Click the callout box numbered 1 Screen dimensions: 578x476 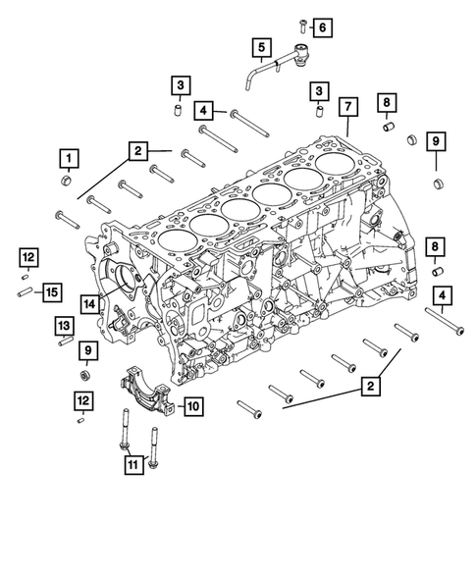(x=68, y=157)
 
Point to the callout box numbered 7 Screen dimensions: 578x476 (x=346, y=107)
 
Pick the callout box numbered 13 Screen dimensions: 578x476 (x=63, y=326)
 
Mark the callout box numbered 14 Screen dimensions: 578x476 (x=88, y=303)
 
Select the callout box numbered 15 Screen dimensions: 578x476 (x=51, y=290)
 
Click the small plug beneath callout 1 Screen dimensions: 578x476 (x=67, y=181)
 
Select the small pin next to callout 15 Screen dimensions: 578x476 (x=23, y=289)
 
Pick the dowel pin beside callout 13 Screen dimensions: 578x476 (x=64, y=342)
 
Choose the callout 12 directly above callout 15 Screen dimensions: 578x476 (x=28, y=257)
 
